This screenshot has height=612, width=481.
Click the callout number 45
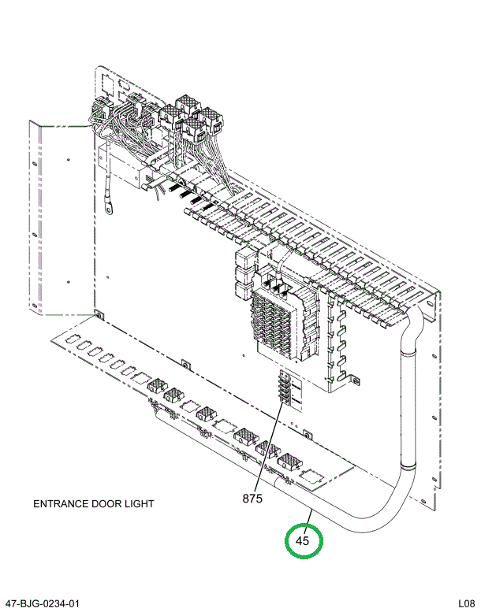coord(304,541)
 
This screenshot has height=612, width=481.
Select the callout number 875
coord(252,498)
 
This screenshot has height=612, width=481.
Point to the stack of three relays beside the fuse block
coord(244,276)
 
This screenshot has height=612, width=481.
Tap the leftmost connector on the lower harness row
coord(156,387)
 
